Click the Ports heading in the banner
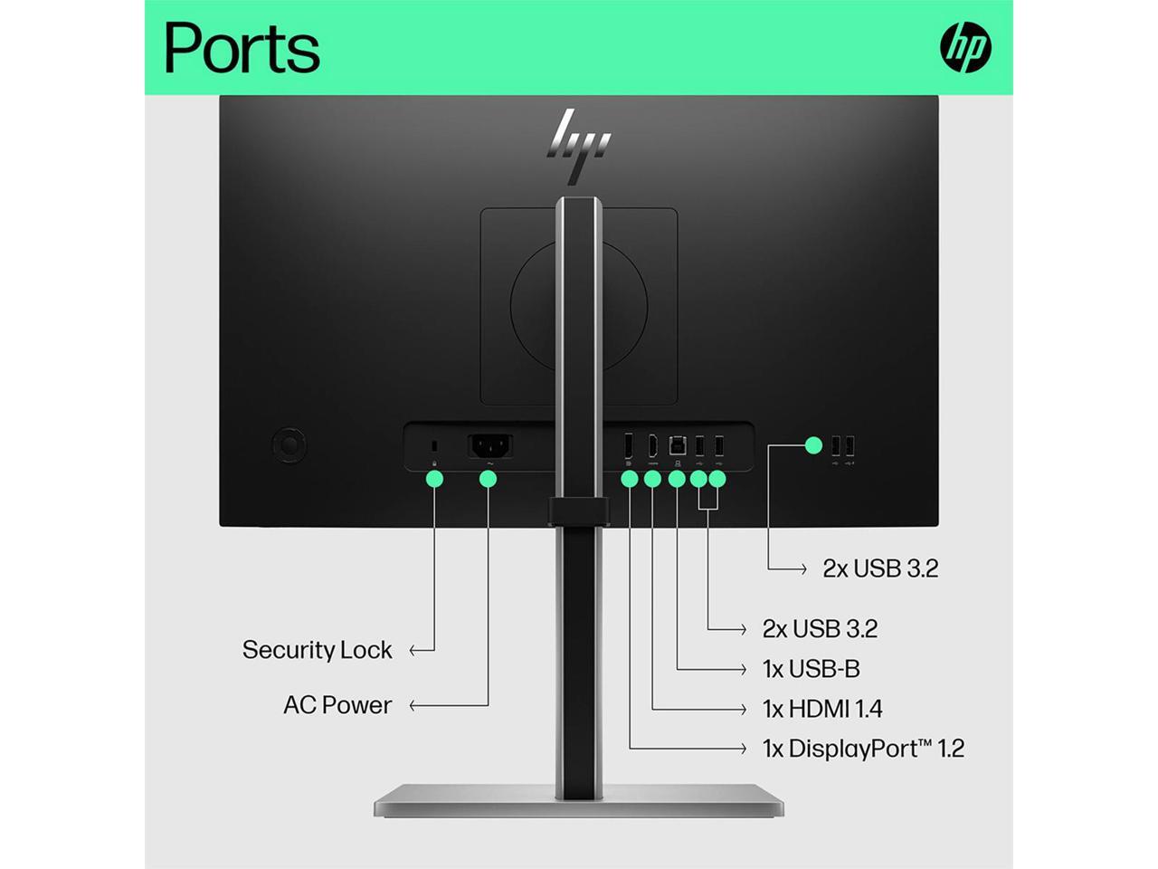tap(242, 47)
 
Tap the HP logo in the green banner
tap(965, 47)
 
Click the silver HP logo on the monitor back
tap(579, 145)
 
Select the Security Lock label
tap(317, 650)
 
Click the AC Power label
tap(337, 705)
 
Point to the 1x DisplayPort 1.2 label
tap(863, 749)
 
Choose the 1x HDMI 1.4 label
tap(822, 709)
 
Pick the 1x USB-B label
tap(811, 669)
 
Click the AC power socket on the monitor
tap(489, 446)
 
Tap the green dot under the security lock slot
tap(435, 478)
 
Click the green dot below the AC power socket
tap(489, 478)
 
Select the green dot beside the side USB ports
tap(813, 445)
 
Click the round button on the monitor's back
tap(289, 445)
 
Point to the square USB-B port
tap(677, 446)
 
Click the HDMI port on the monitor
tap(651, 446)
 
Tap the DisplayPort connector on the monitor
tap(629, 446)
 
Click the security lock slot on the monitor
tap(435, 446)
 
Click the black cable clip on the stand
tap(579, 511)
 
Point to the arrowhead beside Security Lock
tap(414, 650)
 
